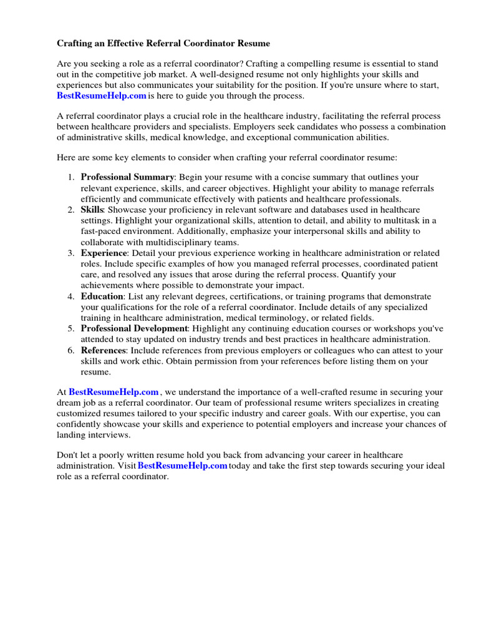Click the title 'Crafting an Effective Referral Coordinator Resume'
click(163, 44)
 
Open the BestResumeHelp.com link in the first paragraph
click(102, 95)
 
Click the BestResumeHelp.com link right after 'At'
click(114, 392)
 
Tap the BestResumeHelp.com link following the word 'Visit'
click(182, 466)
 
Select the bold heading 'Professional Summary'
click(128, 177)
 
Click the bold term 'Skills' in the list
click(92, 210)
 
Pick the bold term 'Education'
click(102, 296)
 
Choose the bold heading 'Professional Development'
click(134, 328)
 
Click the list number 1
click(70, 177)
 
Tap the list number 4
click(70, 296)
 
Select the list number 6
click(70, 350)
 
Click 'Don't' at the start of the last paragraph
click(68, 456)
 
